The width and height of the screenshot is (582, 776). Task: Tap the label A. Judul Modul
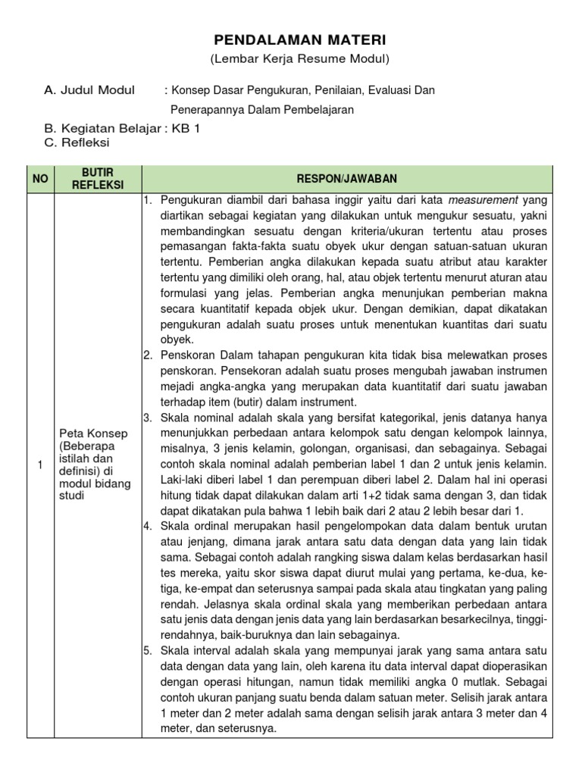click(89, 90)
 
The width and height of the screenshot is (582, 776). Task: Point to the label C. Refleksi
click(77, 142)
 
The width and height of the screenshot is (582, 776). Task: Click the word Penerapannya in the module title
click(204, 109)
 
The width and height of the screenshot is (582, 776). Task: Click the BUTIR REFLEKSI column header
click(97, 178)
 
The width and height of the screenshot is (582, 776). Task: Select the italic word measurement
click(483, 201)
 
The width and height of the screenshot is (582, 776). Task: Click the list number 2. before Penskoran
click(148, 355)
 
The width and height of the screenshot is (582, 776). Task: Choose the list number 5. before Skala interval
click(148, 651)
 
